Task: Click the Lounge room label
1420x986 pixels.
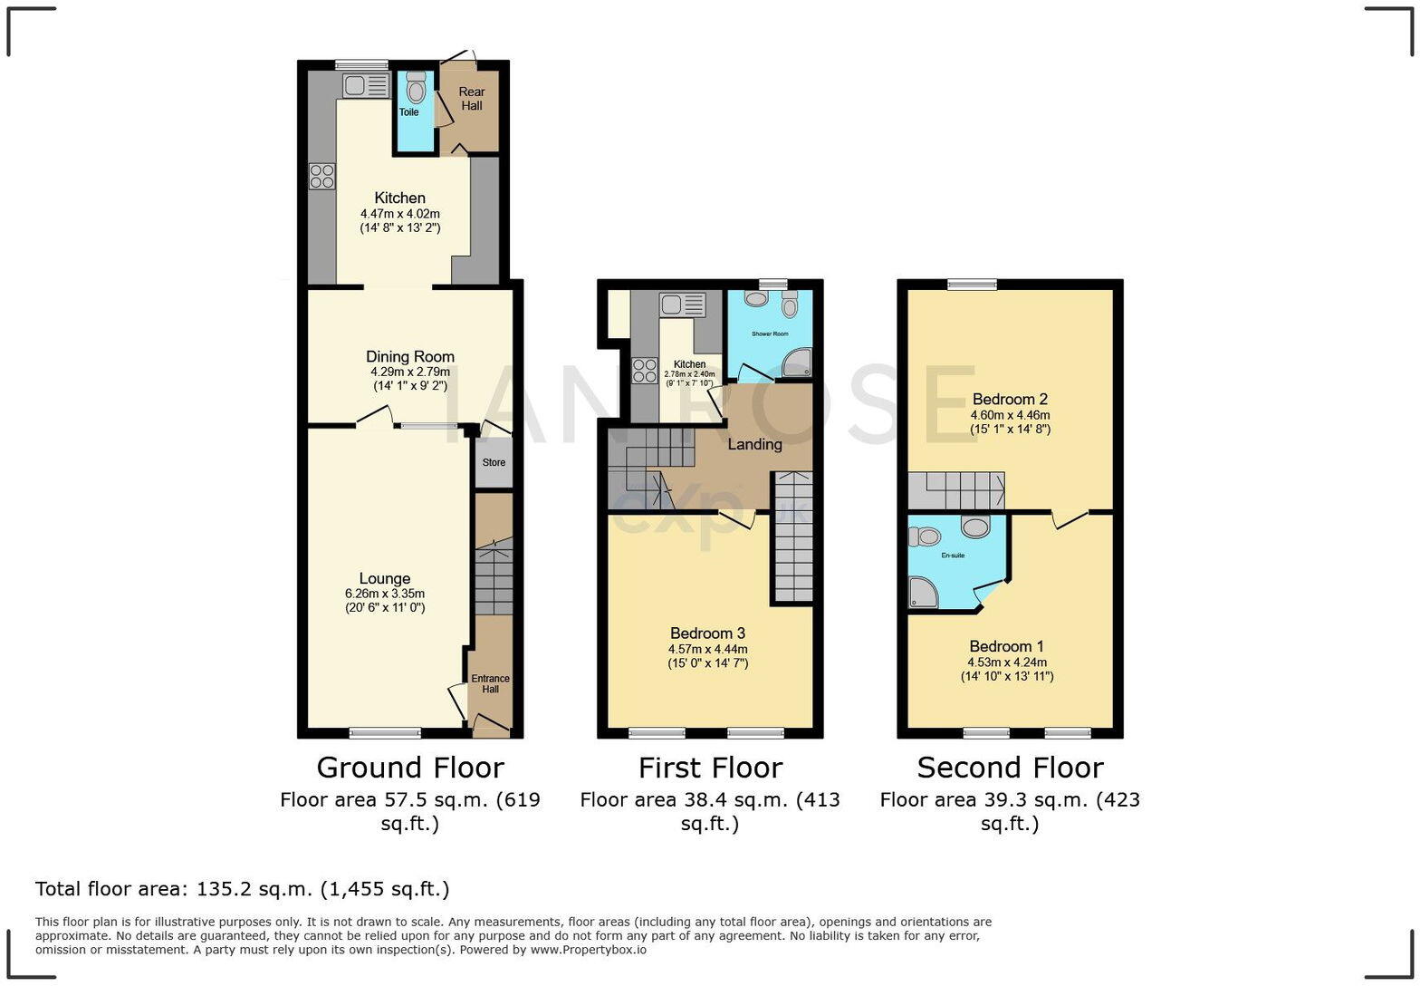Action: click(385, 578)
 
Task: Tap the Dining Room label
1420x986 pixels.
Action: click(409, 356)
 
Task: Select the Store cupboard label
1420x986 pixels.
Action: click(494, 462)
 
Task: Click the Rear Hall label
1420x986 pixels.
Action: click(471, 98)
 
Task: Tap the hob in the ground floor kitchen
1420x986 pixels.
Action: click(321, 176)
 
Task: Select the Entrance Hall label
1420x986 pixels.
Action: click(490, 683)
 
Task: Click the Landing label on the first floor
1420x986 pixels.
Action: click(754, 444)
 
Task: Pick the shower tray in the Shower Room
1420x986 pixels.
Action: click(796, 363)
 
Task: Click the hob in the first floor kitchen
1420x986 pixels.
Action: click(644, 370)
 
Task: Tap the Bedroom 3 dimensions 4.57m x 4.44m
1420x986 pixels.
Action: click(708, 649)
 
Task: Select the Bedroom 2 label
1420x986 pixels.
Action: click(1010, 399)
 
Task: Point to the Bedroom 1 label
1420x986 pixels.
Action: click(1006, 646)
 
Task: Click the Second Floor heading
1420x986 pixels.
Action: click(1010, 768)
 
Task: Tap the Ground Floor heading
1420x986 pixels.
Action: click(409, 768)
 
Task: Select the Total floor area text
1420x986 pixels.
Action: click(242, 888)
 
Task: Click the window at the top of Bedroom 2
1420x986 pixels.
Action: click(973, 285)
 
